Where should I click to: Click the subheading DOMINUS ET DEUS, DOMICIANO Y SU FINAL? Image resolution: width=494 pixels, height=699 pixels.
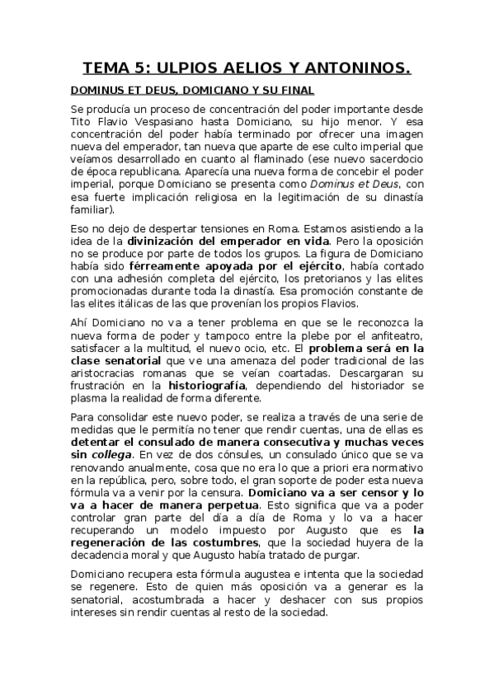tap(192, 90)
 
